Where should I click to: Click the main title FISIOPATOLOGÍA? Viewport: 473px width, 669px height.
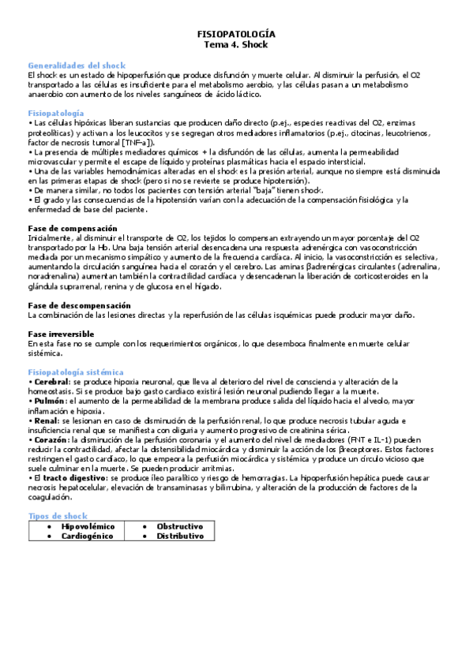pos(236,35)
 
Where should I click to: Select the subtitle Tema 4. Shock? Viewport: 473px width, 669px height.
pos(236,45)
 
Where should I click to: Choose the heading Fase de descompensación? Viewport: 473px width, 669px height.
pos(80,305)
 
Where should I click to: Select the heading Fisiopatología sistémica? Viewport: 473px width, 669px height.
pos(76,371)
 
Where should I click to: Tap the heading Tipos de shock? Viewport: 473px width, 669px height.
pos(58,515)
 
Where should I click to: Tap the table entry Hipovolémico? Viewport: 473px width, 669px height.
pos(88,525)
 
